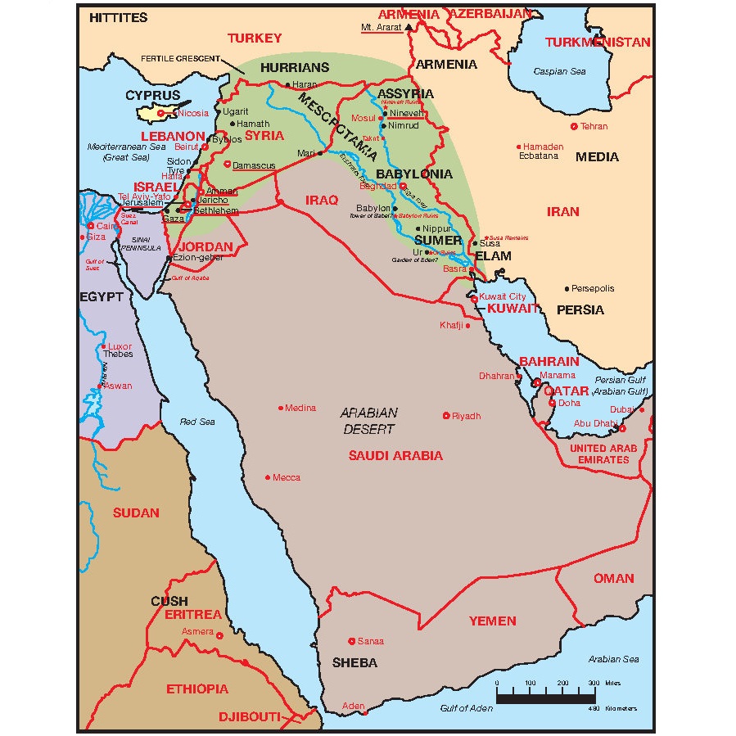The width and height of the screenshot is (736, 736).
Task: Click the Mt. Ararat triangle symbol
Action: [407, 26]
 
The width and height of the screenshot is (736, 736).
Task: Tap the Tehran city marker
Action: [574, 126]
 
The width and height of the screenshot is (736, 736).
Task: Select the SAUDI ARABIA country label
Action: [395, 456]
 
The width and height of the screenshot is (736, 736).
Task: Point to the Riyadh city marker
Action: [446, 416]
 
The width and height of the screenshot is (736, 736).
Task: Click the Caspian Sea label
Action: [560, 71]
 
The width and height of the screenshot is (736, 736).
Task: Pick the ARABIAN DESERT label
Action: [369, 421]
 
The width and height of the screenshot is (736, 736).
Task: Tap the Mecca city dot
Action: [267, 477]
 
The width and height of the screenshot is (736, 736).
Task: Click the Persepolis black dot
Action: [567, 289]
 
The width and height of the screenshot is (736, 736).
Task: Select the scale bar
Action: [546, 697]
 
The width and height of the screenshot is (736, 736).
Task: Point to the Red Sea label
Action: [197, 422]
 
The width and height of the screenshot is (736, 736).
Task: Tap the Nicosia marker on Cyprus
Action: [161, 113]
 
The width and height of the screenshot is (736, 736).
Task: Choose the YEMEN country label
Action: [493, 621]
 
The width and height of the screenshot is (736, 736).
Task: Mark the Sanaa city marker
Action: [352, 641]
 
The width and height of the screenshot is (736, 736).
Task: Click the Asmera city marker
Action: [220, 633]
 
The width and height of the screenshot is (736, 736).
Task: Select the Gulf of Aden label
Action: [466, 708]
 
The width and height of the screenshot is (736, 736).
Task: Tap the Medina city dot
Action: [281, 408]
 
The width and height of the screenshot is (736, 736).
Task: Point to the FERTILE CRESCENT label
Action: [183, 59]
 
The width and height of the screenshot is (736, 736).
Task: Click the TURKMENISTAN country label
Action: [598, 42]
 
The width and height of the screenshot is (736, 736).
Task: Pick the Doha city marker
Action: [553, 403]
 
